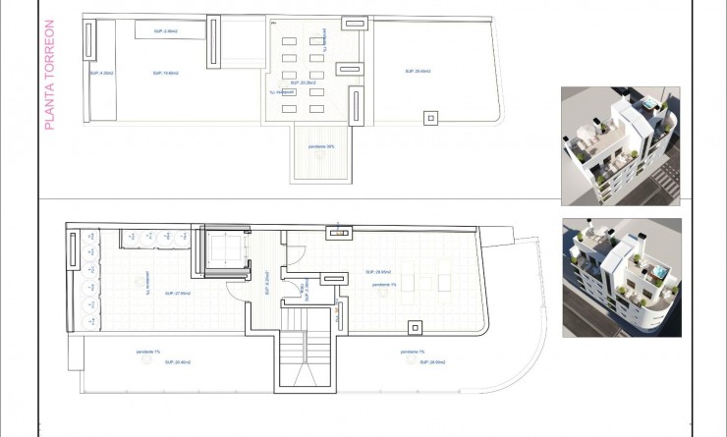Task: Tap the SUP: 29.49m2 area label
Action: pyautogui.click(x=419, y=72)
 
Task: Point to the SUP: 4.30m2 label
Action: pyautogui.click(x=101, y=73)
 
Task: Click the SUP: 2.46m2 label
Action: pyautogui.click(x=165, y=31)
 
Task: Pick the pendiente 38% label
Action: pyautogui.click(x=320, y=147)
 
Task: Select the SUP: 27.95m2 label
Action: pyautogui.click(x=177, y=293)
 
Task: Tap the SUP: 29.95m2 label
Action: pyautogui.click(x=378, y=271)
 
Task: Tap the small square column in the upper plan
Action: pyautogui.click(x=429, y=119)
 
